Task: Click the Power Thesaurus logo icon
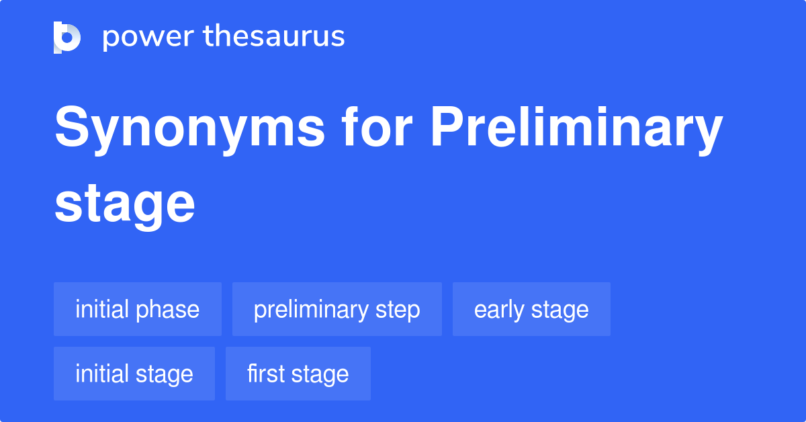pos(67,37)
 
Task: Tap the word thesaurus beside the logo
pos(274,37)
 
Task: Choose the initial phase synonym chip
pos(138,309)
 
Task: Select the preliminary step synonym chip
pos(337,309)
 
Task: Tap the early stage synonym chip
pos(531,309)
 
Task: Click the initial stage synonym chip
pos(134,374)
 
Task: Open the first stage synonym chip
pos(298,374)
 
